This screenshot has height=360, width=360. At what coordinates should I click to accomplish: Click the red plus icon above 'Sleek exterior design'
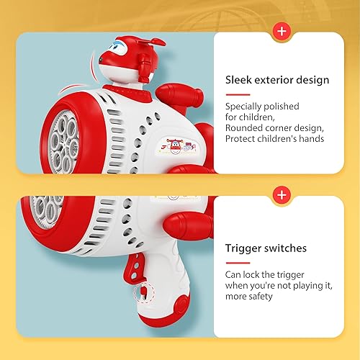coord(280,32)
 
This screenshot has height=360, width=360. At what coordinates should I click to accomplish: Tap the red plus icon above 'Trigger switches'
coord(280,194)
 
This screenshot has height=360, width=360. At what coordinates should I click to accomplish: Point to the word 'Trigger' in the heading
coord(243,248)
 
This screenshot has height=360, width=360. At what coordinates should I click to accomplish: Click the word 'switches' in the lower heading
coord(286,248)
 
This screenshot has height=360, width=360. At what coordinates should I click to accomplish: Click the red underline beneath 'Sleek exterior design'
coord(237,94)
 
